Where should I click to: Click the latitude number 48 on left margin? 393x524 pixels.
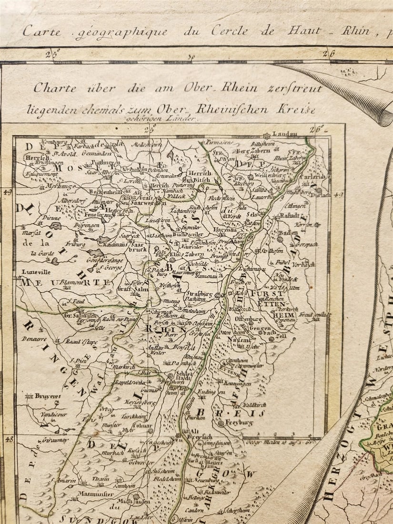click(x=8, y=439)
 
